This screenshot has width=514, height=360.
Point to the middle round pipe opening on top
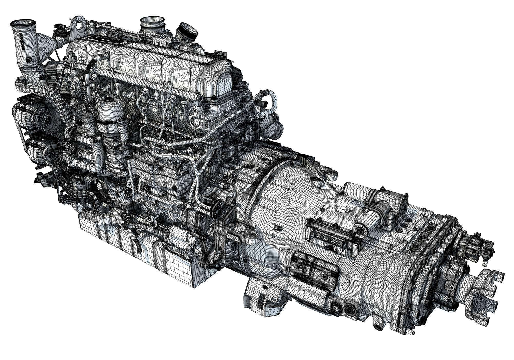coord(152,21)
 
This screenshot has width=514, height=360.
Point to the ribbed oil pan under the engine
coord(134,247)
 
